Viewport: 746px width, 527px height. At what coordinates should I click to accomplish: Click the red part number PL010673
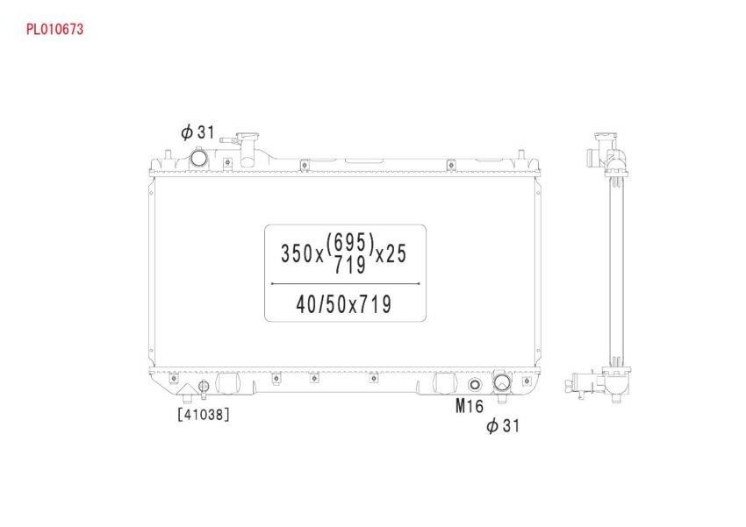coord(54,30)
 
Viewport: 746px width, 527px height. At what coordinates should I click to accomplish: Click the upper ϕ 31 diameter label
coord(198,132)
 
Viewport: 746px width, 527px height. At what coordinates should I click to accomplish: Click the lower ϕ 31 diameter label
coord(503,425)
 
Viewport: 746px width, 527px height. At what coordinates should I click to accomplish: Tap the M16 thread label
coord(470,406)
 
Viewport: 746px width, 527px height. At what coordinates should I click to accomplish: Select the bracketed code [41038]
coord(204,415)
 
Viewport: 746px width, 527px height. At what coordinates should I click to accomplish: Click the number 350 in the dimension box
coord(297,253)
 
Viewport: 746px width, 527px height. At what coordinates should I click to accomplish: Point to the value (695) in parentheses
coord(349,243)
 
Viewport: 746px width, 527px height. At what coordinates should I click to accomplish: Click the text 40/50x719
coord(343,304)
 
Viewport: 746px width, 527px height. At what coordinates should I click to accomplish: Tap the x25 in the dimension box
coord(391,253)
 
